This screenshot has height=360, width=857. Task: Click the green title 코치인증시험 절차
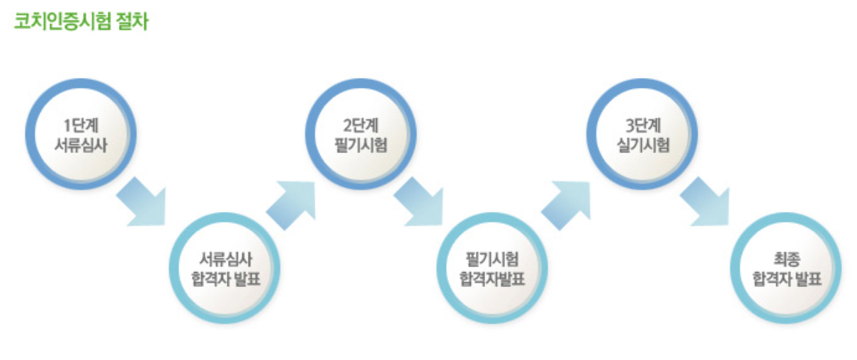tap(81, 21)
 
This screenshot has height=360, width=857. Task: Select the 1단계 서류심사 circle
tap(81, 135)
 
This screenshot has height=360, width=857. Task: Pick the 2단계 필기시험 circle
tap(361, 135)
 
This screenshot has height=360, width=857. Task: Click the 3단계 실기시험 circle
tap(642, 135)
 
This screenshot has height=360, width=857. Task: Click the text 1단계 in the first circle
tap(81, 126)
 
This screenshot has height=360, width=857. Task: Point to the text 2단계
tap(361, 126)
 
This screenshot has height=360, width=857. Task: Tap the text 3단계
tap(642, 126)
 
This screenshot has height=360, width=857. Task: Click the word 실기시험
tap(642, 144)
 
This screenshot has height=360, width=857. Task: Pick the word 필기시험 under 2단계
tap(361, 144)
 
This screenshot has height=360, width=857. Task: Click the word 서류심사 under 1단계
tap(81, 144)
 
